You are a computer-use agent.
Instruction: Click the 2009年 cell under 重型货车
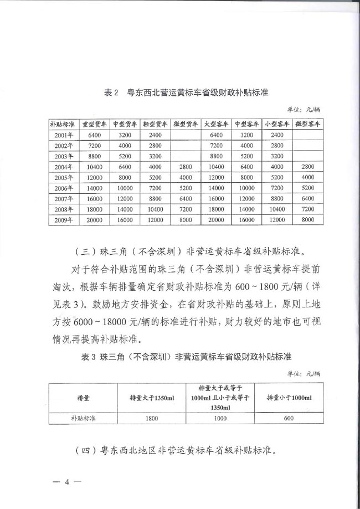94,219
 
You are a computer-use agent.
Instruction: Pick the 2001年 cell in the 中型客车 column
246,135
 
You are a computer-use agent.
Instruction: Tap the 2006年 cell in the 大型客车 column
215,188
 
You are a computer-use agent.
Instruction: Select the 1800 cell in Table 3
152,419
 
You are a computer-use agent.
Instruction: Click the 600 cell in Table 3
289,419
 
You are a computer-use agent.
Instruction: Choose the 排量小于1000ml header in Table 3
289,398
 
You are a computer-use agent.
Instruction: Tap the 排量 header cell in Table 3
84,398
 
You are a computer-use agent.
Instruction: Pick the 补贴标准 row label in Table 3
84,419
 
